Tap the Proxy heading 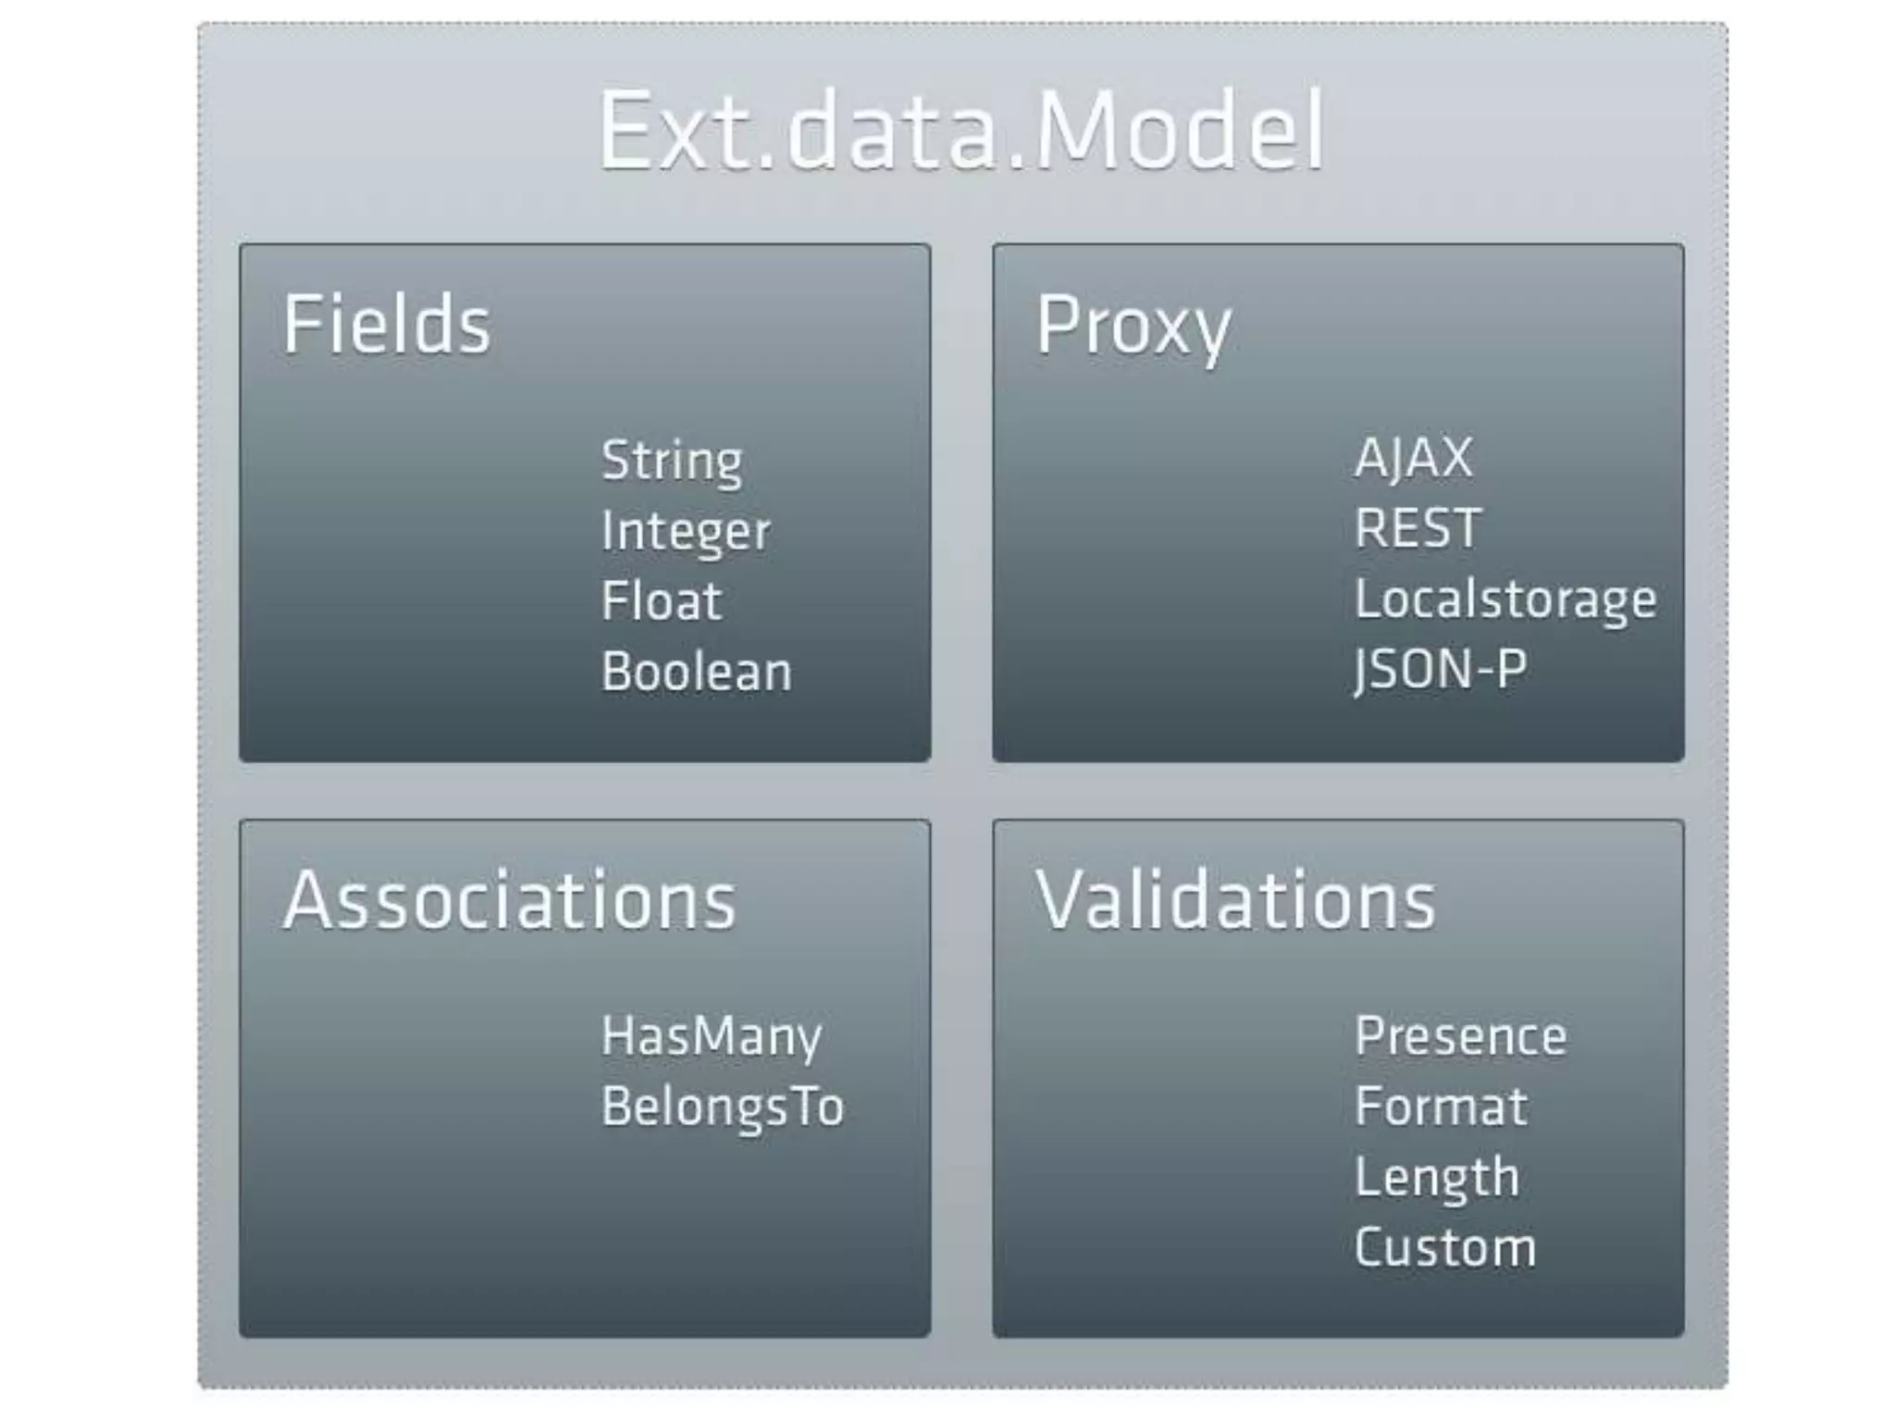pyautogui.click(x=1133, y=326)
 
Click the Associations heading pyautogui.click(x=510, y=900)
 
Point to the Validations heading pyautogui.click(x=1235, y=900)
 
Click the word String pyautogui.click(x=672, y=461)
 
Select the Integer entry pyautogui.click(x=686, y=532)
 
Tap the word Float pyautogui.click(x=662, y=601)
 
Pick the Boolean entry pyautogui.click(x=697, y=672)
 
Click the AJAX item pyautogui.click(x=1413, y=458)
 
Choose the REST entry pyautogui.click(x=1418, y=528)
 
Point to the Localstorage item pyautogui.click(x=1505, y=599)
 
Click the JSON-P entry pyautogui.click(x=1440, y=669)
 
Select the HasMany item pyautogui.click(x=712, y=1036)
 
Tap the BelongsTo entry pyautogui.click(x=723, y=1106)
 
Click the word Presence pyautogui.click(x=1461, y=1036)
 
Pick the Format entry pyautogui.click(x=1441, y=1106)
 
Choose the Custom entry pyautogui.click(x=1445, y=1248)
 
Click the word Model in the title pyautogui.click(x=1180, y=130)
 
